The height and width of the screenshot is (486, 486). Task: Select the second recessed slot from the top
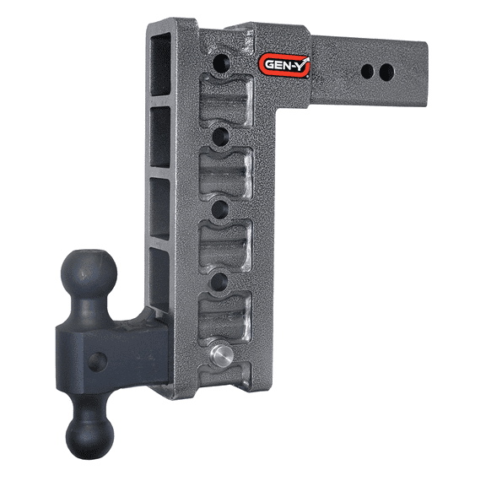tap(224, 172)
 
